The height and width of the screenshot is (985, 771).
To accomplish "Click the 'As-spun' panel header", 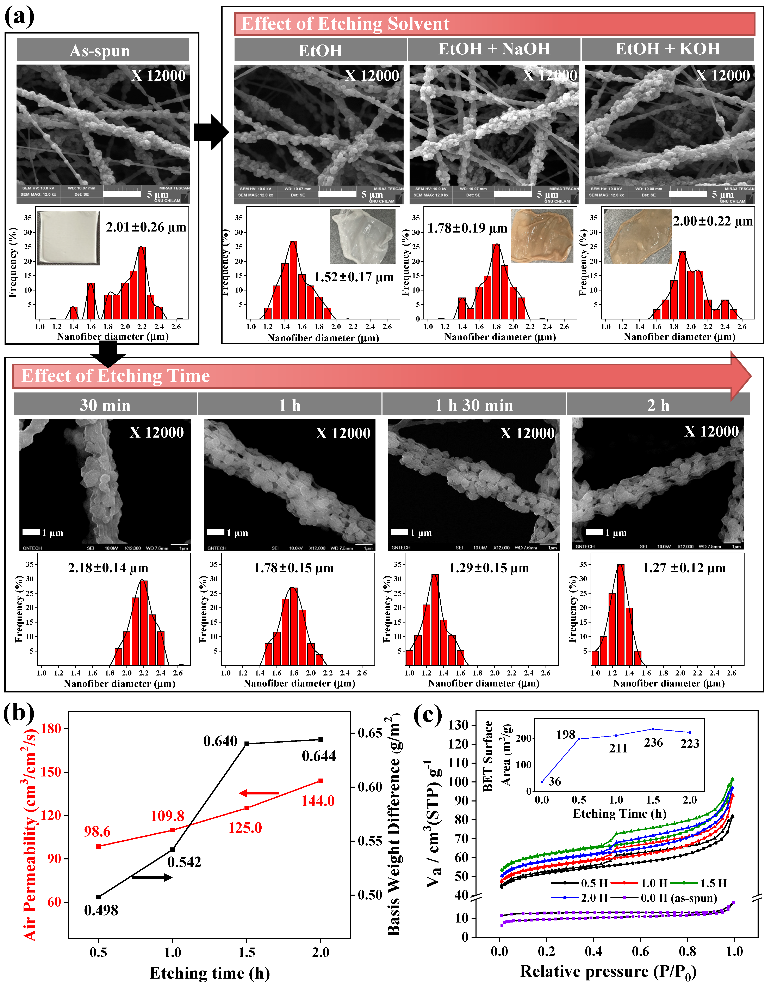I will [x=103, y=50].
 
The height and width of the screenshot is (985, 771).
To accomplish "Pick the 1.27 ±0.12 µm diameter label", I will [x=684, y=568].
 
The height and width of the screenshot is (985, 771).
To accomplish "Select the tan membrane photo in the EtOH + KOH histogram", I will [x=637, y=237].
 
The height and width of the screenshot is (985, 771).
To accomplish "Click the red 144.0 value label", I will [x=318, y=801].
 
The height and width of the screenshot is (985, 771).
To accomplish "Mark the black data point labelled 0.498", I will [x=98, y=897].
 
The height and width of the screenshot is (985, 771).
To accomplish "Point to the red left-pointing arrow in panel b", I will [x=259, y=793].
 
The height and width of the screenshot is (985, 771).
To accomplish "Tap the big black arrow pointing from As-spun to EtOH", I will [x=211, y=132].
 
